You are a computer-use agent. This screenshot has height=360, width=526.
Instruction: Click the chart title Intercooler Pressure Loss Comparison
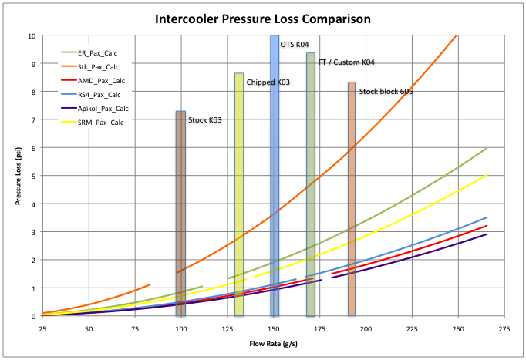click(x=261, y=18)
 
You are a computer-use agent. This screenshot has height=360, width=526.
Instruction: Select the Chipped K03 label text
click(x=268, y=82)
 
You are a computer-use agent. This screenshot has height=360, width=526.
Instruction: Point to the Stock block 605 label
click(x=386, y=91)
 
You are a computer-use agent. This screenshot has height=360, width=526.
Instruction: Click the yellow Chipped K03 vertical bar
click(x=239, y=193)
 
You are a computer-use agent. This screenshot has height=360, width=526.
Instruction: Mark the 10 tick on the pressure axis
click(x=32, y=35)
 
